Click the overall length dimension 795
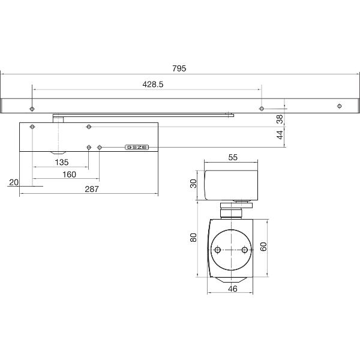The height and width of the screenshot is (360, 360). pos(178,68)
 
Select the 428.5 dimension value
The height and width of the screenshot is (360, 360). pos(153,85)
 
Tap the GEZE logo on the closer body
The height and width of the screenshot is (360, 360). pos(136,147)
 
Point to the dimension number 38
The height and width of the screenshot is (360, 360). pos(279,119)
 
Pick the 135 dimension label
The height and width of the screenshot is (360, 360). pos(61,162)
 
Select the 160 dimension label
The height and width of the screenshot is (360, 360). pos(68,175)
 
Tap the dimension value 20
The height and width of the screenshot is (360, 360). pos(14,182)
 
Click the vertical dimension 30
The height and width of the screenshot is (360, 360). pos(194,184)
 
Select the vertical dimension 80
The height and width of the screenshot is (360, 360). pos(193,237)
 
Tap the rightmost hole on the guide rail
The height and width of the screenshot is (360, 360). pos(340,107)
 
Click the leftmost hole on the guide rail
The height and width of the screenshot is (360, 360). pos(32,109)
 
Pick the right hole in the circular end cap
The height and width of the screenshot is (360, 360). pos(245,250)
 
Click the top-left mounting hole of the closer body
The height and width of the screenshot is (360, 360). pos(33,127)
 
